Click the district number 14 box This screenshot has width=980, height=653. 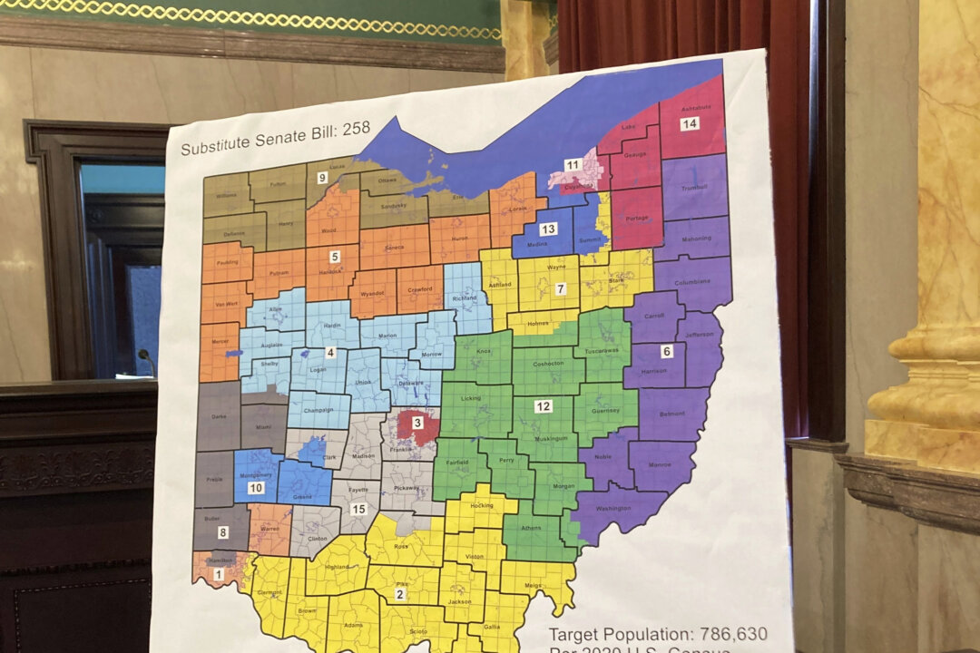pos(690,124)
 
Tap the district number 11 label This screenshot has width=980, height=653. pos(573,164)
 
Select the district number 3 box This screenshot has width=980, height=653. pos(417,423)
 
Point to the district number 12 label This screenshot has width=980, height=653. pos(543,406)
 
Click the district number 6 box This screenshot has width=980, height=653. pos(667,351)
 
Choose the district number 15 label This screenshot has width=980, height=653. pos(358,509)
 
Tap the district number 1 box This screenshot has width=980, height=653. pos(218,574)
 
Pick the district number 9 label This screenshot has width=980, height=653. pos(322,178)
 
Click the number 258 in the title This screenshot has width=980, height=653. pos(356,128)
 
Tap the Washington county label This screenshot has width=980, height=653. pos(614,509)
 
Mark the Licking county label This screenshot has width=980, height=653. pos(471,398)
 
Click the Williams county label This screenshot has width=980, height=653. pos(226,195)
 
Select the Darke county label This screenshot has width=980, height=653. pos(218,418)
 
